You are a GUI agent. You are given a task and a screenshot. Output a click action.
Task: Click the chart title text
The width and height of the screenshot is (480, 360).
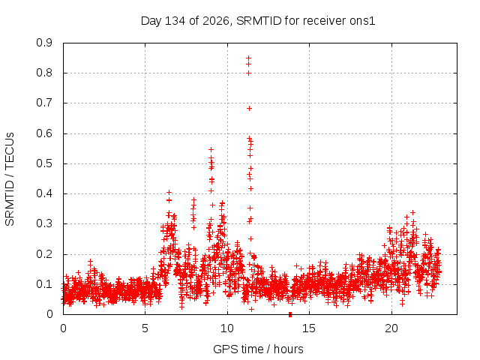tap(258, 21)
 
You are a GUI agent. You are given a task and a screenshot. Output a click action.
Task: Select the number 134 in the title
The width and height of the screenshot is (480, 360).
tap(175, 21)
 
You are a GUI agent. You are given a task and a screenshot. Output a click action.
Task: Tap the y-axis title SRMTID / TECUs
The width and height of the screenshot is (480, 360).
tap(10, 179)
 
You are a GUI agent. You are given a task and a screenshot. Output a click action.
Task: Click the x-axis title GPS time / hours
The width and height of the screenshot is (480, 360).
tap(258, 349)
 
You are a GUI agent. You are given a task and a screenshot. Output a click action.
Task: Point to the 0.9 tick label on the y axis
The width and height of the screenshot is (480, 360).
tap(44, 43)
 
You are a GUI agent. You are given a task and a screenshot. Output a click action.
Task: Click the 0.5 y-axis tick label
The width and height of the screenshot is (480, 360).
tap(44, 163)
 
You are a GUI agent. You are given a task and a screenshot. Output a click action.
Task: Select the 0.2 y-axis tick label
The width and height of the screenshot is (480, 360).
tap(44, 254)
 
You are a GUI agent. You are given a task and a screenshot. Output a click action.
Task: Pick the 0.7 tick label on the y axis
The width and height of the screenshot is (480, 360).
tap(44, 103)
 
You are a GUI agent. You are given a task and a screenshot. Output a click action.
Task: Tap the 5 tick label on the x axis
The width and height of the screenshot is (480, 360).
tap(145, 328)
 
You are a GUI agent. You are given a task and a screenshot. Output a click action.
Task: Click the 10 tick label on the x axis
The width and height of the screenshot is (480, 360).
tap(227, 328)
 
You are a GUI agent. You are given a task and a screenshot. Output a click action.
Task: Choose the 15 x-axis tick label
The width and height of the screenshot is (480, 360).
tap(309, 328)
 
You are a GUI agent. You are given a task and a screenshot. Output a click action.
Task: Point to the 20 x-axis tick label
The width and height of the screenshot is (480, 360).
tap(391, 328)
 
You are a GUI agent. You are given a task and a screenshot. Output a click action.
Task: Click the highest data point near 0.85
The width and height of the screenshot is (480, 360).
tap(248, 58)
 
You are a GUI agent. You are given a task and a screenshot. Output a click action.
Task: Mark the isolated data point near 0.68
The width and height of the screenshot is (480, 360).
tap(249, 108)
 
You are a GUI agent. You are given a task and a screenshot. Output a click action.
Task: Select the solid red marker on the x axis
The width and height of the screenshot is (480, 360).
tap(290, 314)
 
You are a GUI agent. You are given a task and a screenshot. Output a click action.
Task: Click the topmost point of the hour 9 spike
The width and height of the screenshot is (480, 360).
tap(211, 149)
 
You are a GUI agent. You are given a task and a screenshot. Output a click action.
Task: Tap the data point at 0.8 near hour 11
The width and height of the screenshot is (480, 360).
tap(248, 73)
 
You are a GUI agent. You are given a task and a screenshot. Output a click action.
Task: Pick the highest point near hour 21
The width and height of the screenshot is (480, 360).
tap(412, 212)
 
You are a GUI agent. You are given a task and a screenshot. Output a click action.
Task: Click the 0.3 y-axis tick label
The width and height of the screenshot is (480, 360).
tap(44, 223)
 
